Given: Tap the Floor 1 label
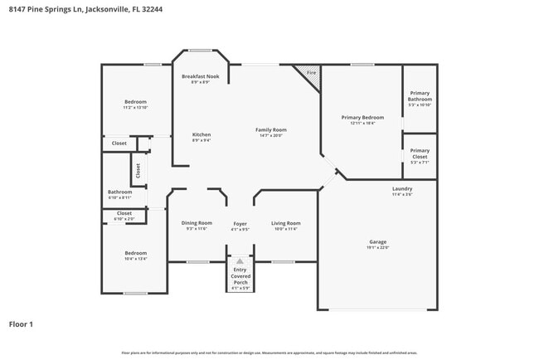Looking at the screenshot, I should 21,324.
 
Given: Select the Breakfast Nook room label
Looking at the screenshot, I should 200,76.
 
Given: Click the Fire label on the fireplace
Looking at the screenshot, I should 311,73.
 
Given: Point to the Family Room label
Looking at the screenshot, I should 270,129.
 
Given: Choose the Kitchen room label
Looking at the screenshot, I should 202,134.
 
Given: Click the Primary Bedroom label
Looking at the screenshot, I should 362,118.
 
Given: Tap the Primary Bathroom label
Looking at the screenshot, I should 420,95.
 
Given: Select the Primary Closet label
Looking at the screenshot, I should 420,153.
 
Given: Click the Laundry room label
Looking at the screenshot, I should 402,188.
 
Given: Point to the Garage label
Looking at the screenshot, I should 377,241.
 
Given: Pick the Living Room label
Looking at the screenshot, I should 285,222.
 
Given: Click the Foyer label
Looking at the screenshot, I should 240,223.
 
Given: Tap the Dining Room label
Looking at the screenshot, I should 197,222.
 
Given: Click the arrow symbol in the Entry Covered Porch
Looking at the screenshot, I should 240,260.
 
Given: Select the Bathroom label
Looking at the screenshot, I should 119,192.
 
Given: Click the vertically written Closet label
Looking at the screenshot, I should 138,171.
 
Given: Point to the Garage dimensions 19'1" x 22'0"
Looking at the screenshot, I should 377,247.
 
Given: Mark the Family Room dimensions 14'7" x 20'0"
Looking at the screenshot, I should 270,135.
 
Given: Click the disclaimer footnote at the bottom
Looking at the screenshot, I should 269,353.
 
